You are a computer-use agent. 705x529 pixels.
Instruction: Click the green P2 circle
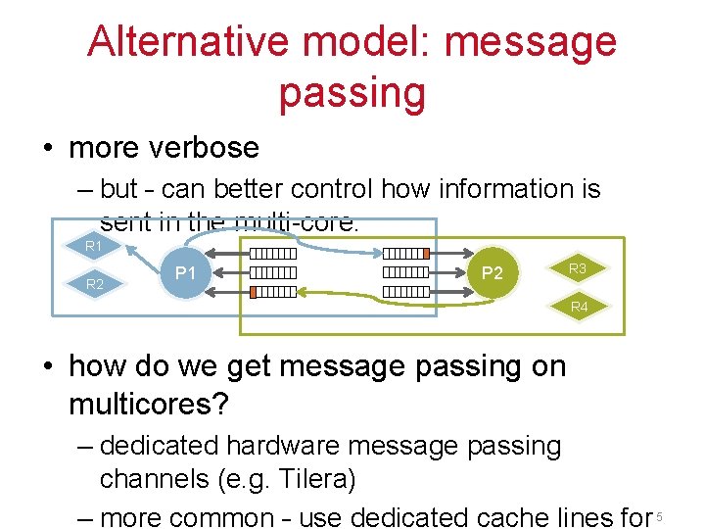[x=493, y=272]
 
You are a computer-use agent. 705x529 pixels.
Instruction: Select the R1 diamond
[x=94, y=245]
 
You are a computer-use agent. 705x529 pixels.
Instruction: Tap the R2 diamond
[x=94, y=284]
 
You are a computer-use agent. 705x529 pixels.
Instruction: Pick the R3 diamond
[x=578, y=267]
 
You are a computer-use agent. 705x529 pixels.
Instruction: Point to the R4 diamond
[x=580, y=307]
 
